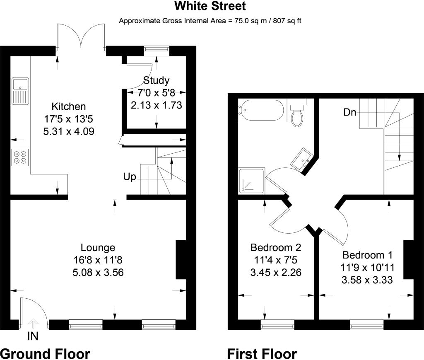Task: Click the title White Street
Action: (x=210, y=6)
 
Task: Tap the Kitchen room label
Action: (x=68, y=106)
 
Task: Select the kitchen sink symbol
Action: (x=20, y=91)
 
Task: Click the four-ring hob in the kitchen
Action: (x=20, y=157)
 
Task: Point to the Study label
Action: (x=156, y=81)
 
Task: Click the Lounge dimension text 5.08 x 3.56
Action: (x=98, y=272)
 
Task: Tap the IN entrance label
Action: (x=33, y=336)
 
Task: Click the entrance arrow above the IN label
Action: (x=33, y=324)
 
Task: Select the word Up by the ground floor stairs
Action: (x=130, y=177)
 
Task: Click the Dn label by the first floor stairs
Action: (x=349, y=112)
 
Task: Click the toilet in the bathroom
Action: (x=297, y=113)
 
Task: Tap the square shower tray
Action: (x=252, y=181)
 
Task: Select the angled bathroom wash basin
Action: (x=302, y=159)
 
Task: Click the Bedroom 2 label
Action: (x=275, y=247)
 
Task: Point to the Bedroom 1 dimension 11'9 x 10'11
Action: (x=367, y=268)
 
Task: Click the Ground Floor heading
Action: (x=45, y=354)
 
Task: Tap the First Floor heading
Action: (x=262, y=354)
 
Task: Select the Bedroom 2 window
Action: (x=277, y=324)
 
